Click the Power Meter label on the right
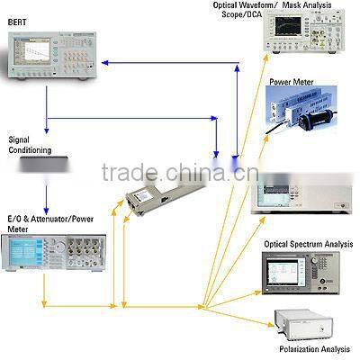tap(290, 82)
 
